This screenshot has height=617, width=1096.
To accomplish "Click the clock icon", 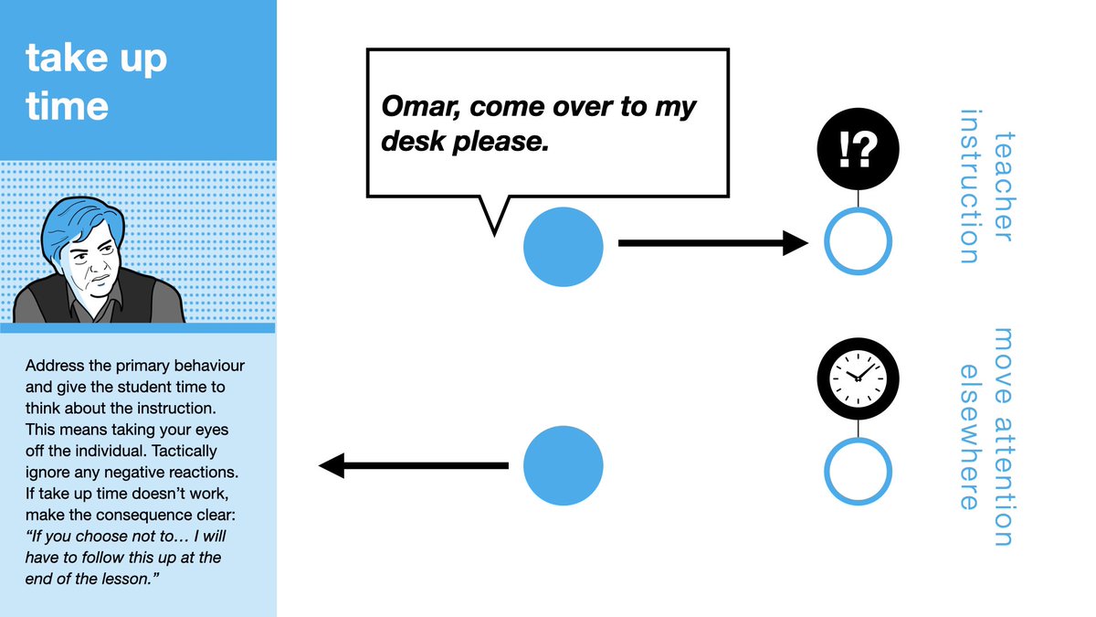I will pyautogui.click(x=858, y=376).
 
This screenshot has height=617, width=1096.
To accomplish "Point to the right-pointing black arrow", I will pyautogui.click(x=712, y=243).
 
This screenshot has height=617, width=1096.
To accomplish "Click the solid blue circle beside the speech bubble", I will pyautogui.click(x=563, y=247).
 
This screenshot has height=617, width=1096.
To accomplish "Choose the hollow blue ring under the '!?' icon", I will pyautogui.click(x=858, y=242).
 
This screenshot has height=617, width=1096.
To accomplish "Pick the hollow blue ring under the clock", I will pyautogui.click(x=858, y=472).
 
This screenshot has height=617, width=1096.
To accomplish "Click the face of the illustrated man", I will pyautogui.click(x=91, y=261).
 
